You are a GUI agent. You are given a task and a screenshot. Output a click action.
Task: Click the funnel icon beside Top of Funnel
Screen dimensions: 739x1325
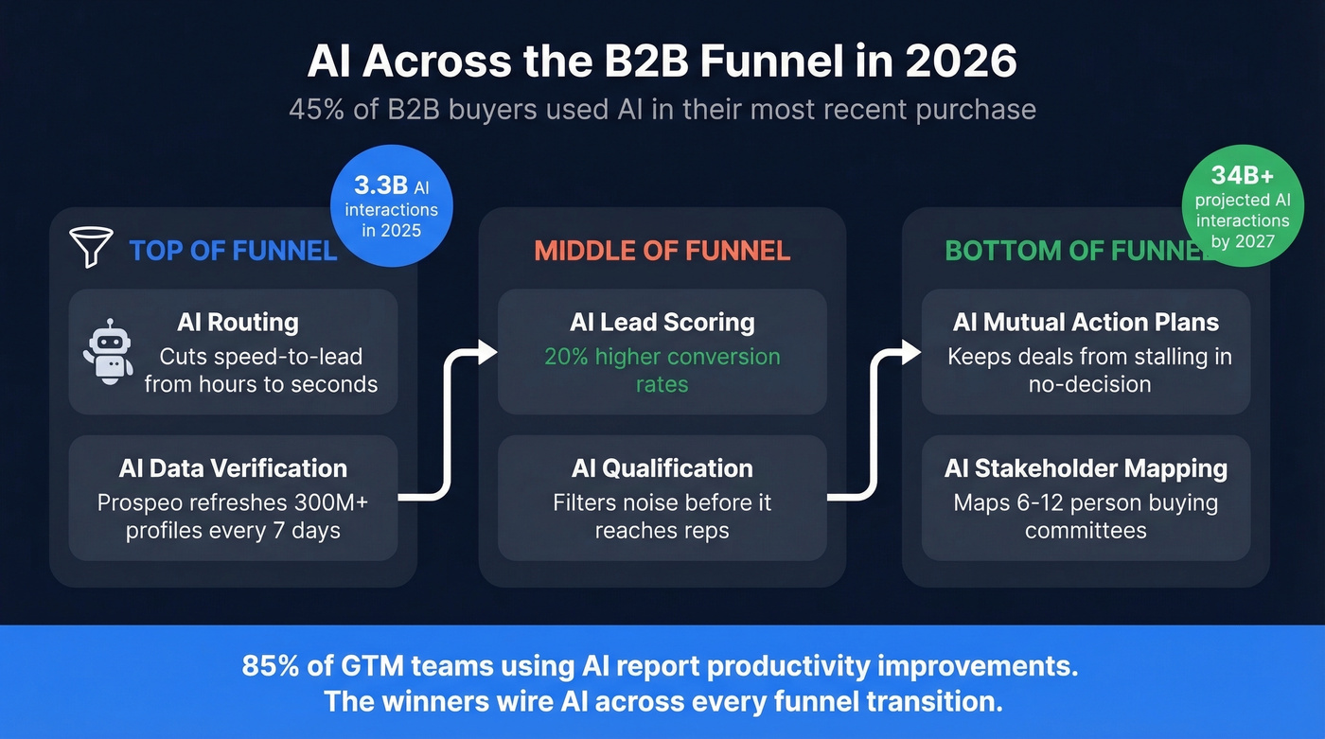(92, 247)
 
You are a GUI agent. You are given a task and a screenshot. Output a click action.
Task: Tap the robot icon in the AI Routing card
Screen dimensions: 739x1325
(108, 351)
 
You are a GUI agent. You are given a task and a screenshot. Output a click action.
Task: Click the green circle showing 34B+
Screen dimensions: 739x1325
(1242, 206)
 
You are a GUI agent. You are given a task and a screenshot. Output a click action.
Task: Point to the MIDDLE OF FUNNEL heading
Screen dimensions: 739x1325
(662, 251)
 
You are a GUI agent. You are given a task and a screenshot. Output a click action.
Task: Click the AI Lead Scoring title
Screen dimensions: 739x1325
(662, 323)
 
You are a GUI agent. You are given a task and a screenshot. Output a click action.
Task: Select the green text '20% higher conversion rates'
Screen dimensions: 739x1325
(662, 370)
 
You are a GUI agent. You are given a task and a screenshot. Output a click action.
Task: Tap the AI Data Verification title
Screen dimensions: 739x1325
(233, 468)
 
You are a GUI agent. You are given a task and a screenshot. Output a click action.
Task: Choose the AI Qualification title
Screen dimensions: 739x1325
(662, 468)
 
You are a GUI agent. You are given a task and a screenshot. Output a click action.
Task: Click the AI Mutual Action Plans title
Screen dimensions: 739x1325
(1086, 323)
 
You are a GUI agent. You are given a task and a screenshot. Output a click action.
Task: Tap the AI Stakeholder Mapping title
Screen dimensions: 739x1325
(1086, 468)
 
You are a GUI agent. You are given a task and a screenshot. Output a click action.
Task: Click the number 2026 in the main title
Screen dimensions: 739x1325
(961, 62)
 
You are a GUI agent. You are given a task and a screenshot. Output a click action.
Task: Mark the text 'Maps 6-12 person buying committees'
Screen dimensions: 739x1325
(1086, 516)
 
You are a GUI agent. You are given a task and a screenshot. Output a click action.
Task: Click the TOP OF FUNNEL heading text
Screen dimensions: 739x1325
(233, 251)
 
